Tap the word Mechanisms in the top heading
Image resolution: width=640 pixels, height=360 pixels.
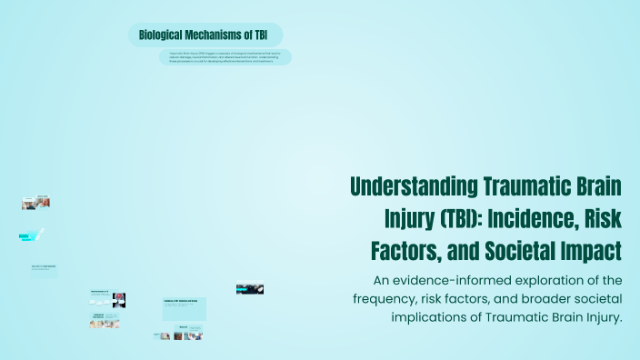pos(215,35)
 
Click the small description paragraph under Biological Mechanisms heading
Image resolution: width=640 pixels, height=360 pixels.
pos(225,56)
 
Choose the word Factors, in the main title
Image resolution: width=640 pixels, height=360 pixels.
pos(408,248)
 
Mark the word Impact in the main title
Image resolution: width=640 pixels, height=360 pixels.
pos(593,248)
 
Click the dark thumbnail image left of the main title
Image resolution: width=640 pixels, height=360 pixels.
pos(250,289)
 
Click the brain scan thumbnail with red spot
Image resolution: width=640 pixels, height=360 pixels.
pos(118,299)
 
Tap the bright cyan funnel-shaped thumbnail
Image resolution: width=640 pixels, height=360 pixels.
pos(32,235)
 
